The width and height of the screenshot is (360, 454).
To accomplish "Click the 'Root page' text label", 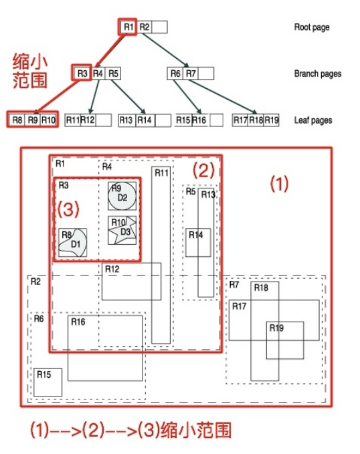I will pyautogui.click(x=312, y=27).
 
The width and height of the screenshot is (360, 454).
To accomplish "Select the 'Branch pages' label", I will pyautogui.click(x=317, y=74).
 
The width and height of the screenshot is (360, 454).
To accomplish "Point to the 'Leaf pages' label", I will pyautogui.click(x=312, y=120).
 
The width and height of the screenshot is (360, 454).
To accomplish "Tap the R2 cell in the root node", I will pyautogui.click(x=145, y=27).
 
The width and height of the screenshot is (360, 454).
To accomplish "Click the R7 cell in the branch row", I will pyautogui.click(x=191, y=74).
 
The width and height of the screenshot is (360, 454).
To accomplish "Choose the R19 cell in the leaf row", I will pyautogui.click(x=271, y=120).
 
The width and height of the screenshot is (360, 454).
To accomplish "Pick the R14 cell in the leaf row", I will pyautogui.click(x=145, y=120).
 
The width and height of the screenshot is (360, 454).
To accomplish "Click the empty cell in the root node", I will pyautogui.click(x=159, y=27).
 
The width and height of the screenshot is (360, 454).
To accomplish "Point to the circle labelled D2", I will pyautogui.click(x=122, y=196).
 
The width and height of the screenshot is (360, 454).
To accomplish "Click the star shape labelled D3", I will pyautogui.click(x=122, y=231).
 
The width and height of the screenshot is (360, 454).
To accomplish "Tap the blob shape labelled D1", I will pyautogui.click(x=73, y=244).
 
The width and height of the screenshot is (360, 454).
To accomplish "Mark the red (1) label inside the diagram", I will pyautogui.click(x=278, y=184).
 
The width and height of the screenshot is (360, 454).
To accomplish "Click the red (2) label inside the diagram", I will pyautogui.click(x=203, y=169).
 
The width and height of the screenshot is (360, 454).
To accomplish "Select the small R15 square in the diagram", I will pyautogui.click(x=48, y=382).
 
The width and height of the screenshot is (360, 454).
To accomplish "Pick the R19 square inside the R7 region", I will pyautogui.click(x=285, y=340).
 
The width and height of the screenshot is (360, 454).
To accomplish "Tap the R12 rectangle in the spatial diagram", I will pyautogui.click(x=131, y=281).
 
